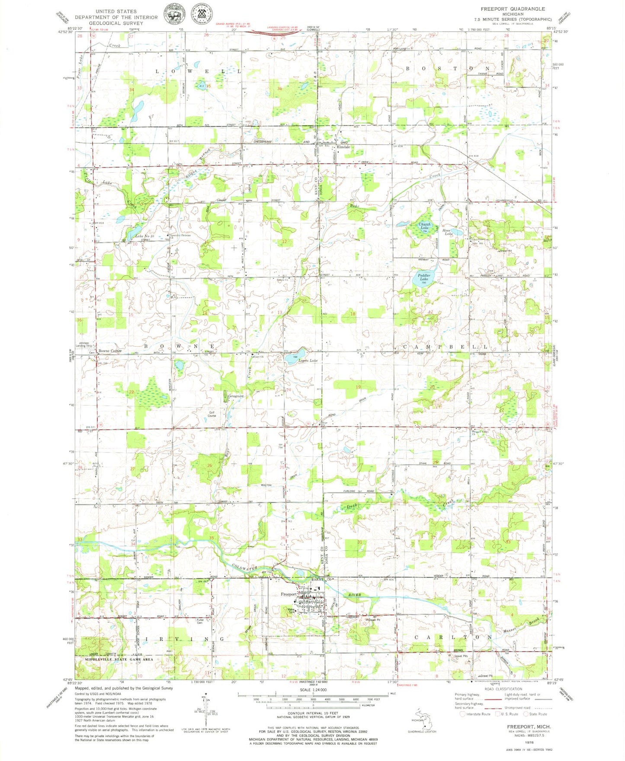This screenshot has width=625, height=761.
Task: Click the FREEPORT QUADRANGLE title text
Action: (513, 9)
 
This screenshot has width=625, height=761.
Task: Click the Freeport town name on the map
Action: (288, 594)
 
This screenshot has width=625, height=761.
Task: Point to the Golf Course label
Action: (212, 414)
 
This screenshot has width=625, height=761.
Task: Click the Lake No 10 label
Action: (144, 236)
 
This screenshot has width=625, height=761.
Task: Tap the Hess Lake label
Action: (447, 232)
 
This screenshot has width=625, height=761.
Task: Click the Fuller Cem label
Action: (200, 621)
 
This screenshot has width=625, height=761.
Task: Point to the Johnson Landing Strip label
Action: (85, 344)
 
